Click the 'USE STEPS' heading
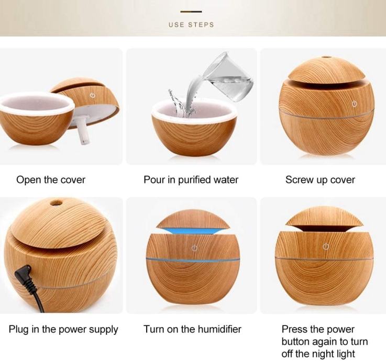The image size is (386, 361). point(191,25)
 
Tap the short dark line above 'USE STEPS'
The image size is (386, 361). point(191,12)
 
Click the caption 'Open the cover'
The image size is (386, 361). point(51,180)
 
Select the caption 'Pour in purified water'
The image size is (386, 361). point(191,180)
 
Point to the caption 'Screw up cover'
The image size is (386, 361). point(320,180)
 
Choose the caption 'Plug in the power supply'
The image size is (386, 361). point(63,329)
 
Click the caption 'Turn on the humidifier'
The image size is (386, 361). point(192,329)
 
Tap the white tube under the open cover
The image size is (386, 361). point(82,132)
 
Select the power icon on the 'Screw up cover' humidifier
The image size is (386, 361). point(355,104)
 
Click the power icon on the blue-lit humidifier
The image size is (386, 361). point(194,248)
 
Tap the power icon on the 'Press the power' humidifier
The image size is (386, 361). point(326,246)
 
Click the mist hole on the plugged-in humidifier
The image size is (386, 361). point(56,203)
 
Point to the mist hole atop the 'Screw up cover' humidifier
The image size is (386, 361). point(326,58)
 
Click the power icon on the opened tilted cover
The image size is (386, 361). point(93,95)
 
